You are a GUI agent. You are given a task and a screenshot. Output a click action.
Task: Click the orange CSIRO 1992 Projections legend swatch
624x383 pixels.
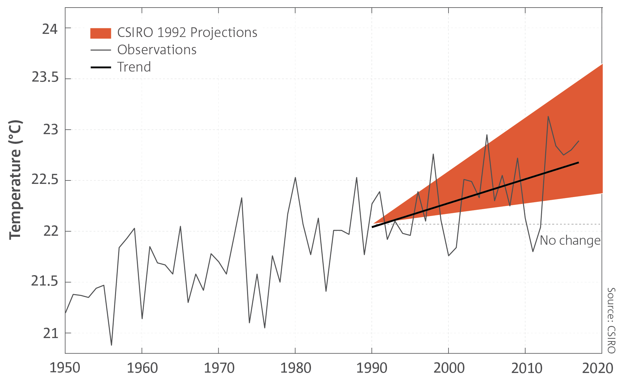click(101, 33)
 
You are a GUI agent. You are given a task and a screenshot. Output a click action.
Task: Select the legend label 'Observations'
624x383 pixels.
click(157, 50)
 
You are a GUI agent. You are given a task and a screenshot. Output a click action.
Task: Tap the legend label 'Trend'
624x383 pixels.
click(134, 67)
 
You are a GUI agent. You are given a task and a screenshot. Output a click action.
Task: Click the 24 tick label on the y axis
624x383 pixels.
click(50, 29)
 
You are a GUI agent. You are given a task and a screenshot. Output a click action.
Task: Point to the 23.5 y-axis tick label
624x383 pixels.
click(45, 77)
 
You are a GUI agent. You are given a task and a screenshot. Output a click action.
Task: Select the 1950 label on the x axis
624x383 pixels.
click(65, 368)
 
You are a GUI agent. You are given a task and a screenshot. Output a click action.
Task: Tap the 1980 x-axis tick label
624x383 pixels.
click(295, 368)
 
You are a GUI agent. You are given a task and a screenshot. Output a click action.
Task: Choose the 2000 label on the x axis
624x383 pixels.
click(449, 368)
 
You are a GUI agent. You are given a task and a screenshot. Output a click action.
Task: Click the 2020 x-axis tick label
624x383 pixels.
click(598, 368)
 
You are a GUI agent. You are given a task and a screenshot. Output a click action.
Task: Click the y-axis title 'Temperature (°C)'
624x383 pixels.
click(15, 180)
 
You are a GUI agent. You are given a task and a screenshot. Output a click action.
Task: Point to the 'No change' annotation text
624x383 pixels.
click(570, 240)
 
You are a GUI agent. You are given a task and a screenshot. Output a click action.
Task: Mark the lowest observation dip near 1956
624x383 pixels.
click(111, 345)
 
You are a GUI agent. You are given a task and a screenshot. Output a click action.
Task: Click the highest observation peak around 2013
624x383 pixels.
click(548, 116)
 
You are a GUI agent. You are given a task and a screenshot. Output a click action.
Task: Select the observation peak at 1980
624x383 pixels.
click(295, 177)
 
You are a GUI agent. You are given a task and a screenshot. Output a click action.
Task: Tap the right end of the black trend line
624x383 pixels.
click(579, 162)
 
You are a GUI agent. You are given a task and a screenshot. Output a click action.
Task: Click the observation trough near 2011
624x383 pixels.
click(533, 251)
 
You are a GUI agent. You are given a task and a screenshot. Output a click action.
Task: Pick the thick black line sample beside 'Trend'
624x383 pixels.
click(101, 67)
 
